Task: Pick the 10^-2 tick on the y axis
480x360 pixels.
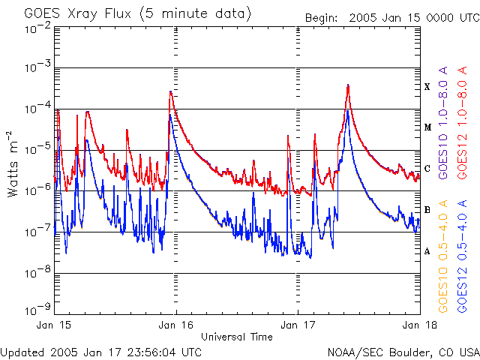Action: tap(38, 27)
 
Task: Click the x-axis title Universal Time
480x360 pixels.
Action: tap(237, 337)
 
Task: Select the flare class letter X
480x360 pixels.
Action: tap(427, 86)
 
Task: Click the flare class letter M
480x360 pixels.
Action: tap(427, 127)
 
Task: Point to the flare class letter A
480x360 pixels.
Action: tap(427, 251)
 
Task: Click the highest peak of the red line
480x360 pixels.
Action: tap(348, 85)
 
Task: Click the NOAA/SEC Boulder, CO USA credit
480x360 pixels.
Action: tap(403, 352)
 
